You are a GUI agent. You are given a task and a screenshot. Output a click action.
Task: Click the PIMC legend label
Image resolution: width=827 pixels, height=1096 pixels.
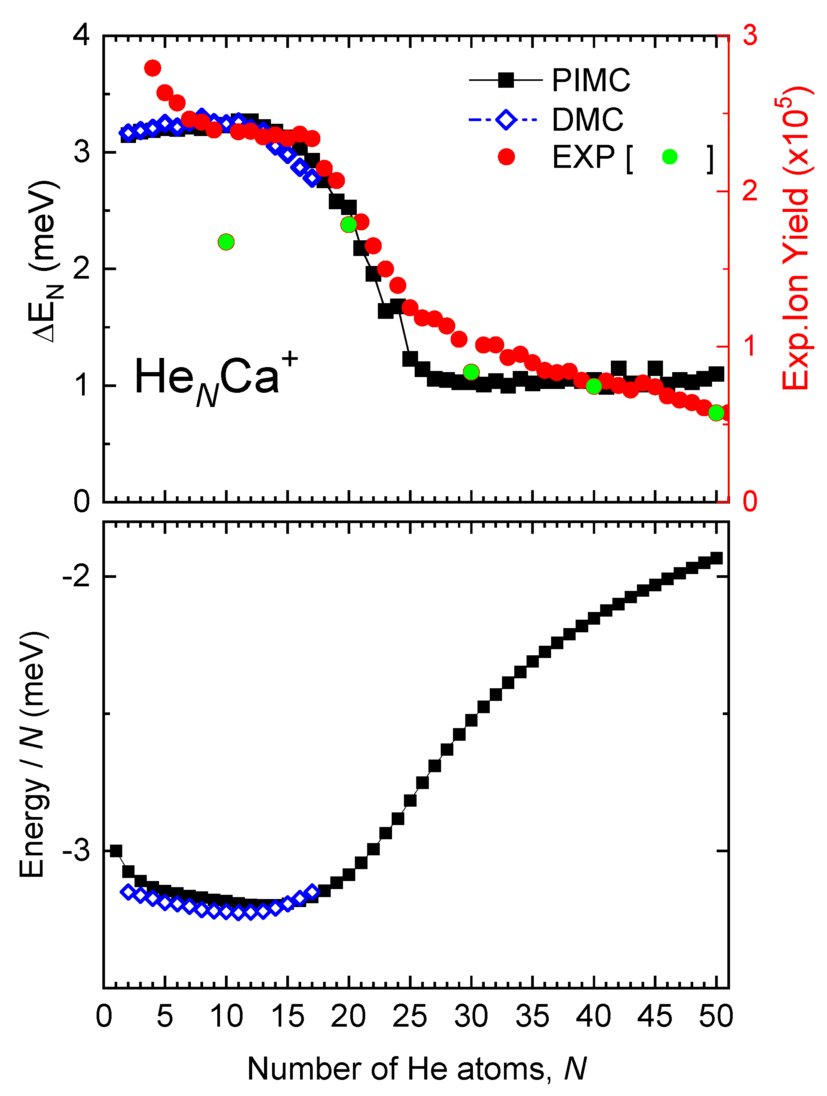(591, 80)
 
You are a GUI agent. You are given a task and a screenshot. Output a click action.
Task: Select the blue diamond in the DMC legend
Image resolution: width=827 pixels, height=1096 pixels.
(506, 120)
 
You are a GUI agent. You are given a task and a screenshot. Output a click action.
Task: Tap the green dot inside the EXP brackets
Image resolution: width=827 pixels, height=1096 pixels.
(669, 157)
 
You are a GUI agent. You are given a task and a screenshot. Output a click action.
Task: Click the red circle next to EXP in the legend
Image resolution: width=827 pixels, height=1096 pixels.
(506, 157)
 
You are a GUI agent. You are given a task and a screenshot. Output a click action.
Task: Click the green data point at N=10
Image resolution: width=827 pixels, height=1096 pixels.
(226, 242)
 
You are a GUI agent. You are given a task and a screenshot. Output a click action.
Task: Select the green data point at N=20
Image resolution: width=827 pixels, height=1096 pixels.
(348, 225)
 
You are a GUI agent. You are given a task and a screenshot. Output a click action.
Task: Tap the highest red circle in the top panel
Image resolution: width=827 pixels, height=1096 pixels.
(153, 68)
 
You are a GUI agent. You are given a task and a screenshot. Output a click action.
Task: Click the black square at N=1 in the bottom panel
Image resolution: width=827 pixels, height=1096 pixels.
(116, 851)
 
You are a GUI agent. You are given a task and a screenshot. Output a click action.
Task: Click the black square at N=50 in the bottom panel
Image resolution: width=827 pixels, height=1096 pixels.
(716, 558)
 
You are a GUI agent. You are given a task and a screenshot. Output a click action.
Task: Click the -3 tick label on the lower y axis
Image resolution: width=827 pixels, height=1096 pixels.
(77, 851)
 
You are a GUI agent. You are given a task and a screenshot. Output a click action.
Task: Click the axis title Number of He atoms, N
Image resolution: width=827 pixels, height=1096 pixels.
(416, 1069)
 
